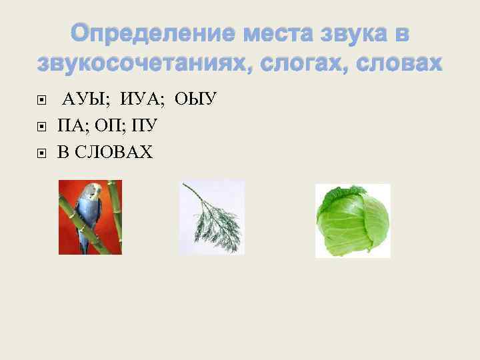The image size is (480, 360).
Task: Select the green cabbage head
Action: point(352,220)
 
